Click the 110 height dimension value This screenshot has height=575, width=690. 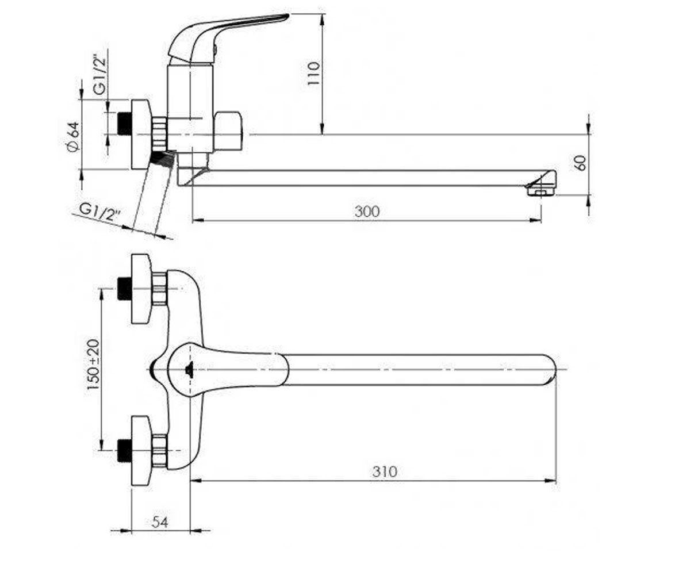point(313,73)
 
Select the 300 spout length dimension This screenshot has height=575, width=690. point(367,212)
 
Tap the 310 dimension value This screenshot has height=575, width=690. point(385,472)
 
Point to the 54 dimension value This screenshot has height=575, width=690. point(160,522)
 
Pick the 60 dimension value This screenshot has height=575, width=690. point(581,163)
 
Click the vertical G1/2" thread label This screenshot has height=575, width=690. point(100,76)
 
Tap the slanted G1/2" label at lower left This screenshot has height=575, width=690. point(100,213)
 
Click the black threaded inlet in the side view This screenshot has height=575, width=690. point(125,123)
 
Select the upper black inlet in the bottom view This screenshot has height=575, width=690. point(125,289)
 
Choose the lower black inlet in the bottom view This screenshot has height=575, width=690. point(125,450)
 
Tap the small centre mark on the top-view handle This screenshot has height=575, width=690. point(189,369)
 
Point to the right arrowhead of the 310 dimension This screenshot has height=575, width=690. point(550,481)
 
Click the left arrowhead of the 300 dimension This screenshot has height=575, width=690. point(198,220)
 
